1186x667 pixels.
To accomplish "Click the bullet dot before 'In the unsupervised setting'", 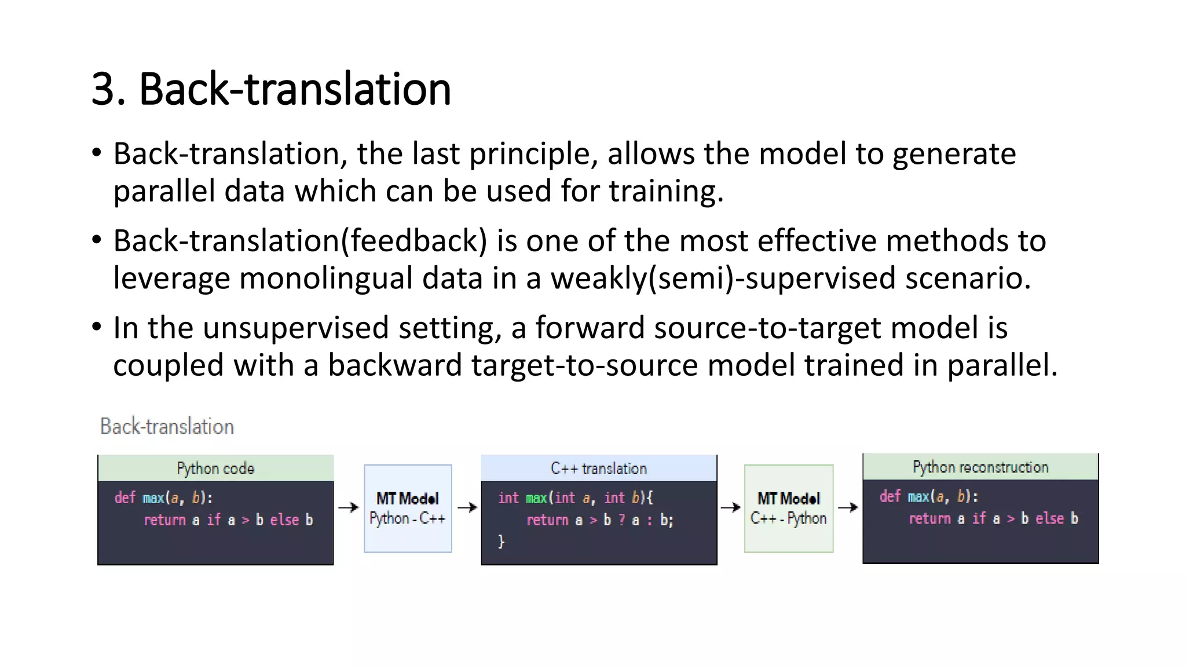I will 97,327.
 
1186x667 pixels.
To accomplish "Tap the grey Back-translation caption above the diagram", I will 167,427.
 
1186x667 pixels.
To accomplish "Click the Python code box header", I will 215,468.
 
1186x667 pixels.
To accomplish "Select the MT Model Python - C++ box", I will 408,508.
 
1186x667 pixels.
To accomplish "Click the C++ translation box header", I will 599,468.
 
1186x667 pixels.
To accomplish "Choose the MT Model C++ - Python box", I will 788,508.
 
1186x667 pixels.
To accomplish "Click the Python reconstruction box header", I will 980,467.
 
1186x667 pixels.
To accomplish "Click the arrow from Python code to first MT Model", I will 349,508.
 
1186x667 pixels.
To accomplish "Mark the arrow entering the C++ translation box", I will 467,508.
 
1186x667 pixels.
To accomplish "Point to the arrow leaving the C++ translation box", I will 730,508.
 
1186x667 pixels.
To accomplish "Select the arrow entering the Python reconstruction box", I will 848,508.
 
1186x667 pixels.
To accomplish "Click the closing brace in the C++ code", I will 501,542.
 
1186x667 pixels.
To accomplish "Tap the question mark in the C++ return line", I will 621,520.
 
